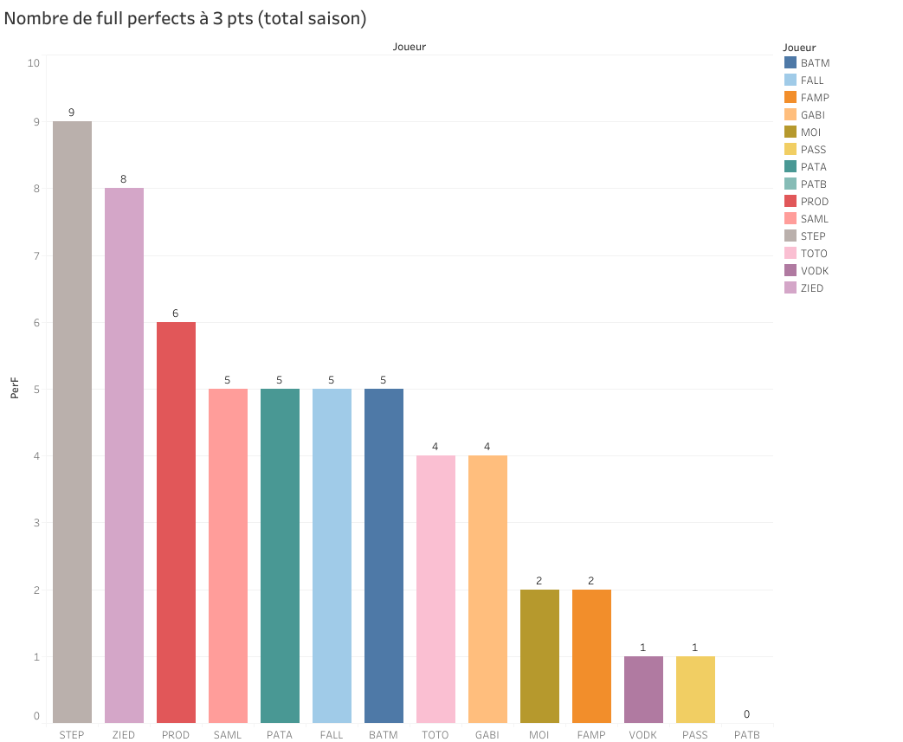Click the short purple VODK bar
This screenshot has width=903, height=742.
tap(643, 689)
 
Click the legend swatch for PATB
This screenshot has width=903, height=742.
tap(790, 184)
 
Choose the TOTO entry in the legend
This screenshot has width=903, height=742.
tap(813, 254)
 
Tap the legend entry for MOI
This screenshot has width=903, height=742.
tap(810, 132)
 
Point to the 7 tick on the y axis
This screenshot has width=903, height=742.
tap(35, 256)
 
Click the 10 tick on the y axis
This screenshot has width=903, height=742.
tap(33, 63)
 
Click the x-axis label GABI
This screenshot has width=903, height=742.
tap(487, 735)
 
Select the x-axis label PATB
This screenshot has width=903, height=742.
tap(746, 735)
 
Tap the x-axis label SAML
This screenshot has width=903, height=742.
tap(228, 735)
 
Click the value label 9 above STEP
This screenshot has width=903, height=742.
tap(72, 113)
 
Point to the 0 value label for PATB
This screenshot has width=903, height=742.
tap(746, 714)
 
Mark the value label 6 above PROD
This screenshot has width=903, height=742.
tap(176, 313)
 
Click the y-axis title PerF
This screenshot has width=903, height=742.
tap(15, 389)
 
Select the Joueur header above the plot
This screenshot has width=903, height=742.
tap(410, 47)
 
